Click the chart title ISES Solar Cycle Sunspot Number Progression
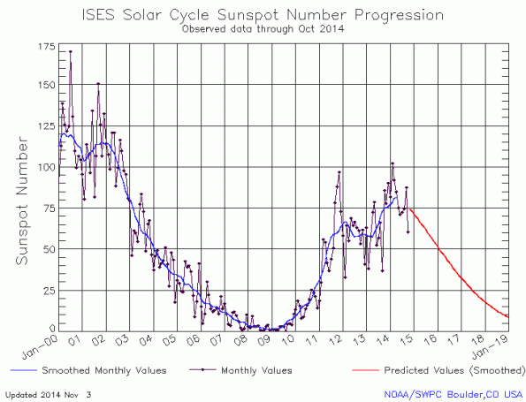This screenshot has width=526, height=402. point(263,16)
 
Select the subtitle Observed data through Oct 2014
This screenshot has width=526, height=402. point(263,29)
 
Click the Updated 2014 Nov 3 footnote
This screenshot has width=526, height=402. point(53,393)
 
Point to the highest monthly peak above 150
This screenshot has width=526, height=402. point(70,52)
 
